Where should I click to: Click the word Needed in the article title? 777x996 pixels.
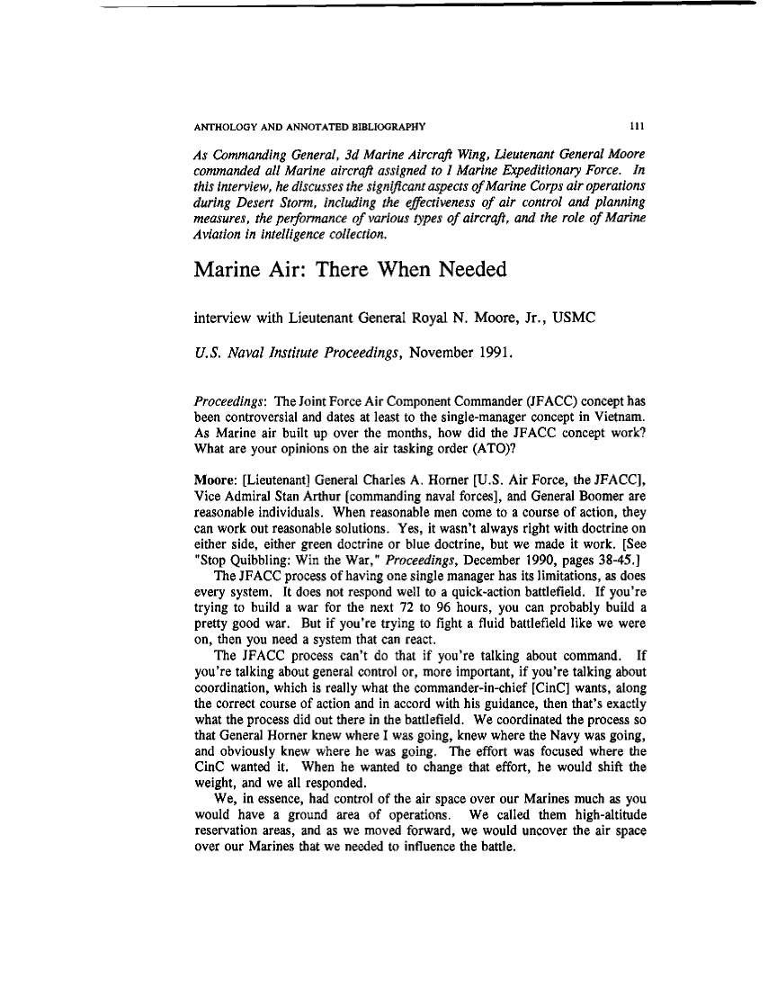[467, 270]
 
